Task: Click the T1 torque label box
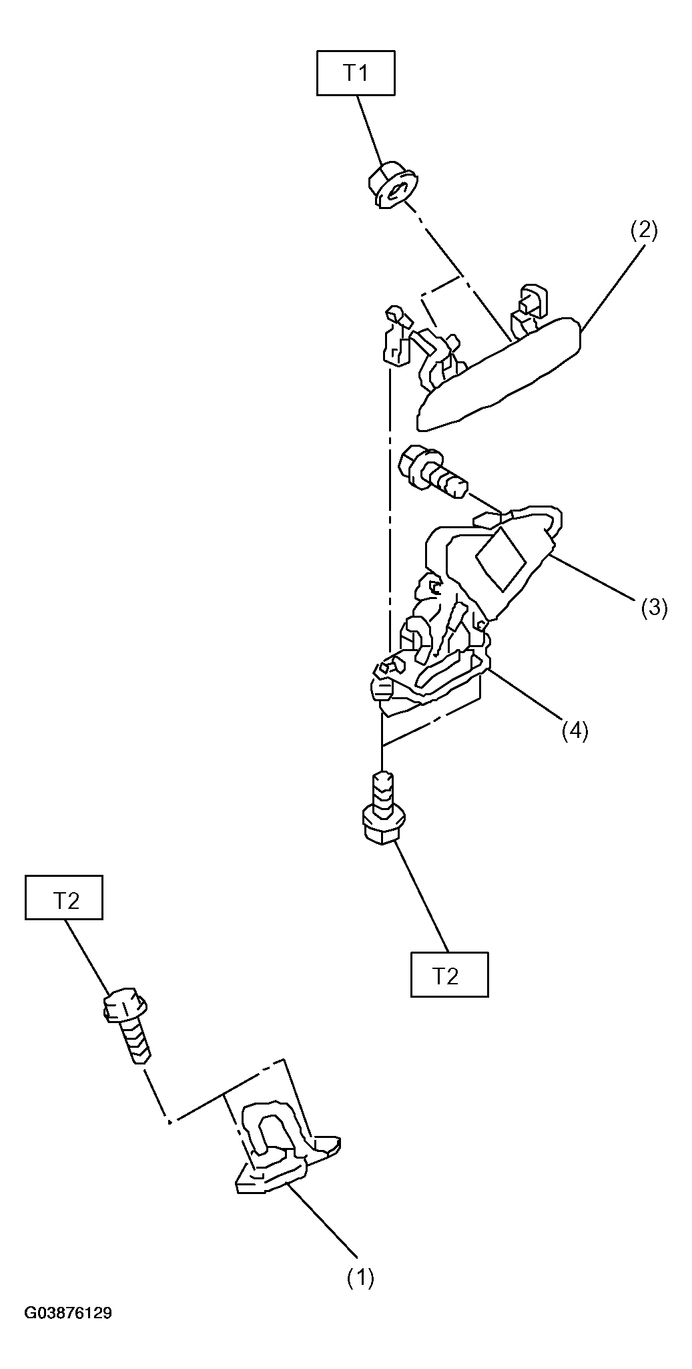pos(355,73)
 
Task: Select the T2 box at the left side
pos(64,897)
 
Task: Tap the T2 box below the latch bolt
pos(449,974)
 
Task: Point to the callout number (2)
pos(644,230)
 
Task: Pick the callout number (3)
pos(654,607)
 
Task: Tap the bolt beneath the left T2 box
pos(127,1026)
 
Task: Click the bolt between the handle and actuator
pos(432,471)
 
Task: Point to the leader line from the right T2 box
pos(422,897)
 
